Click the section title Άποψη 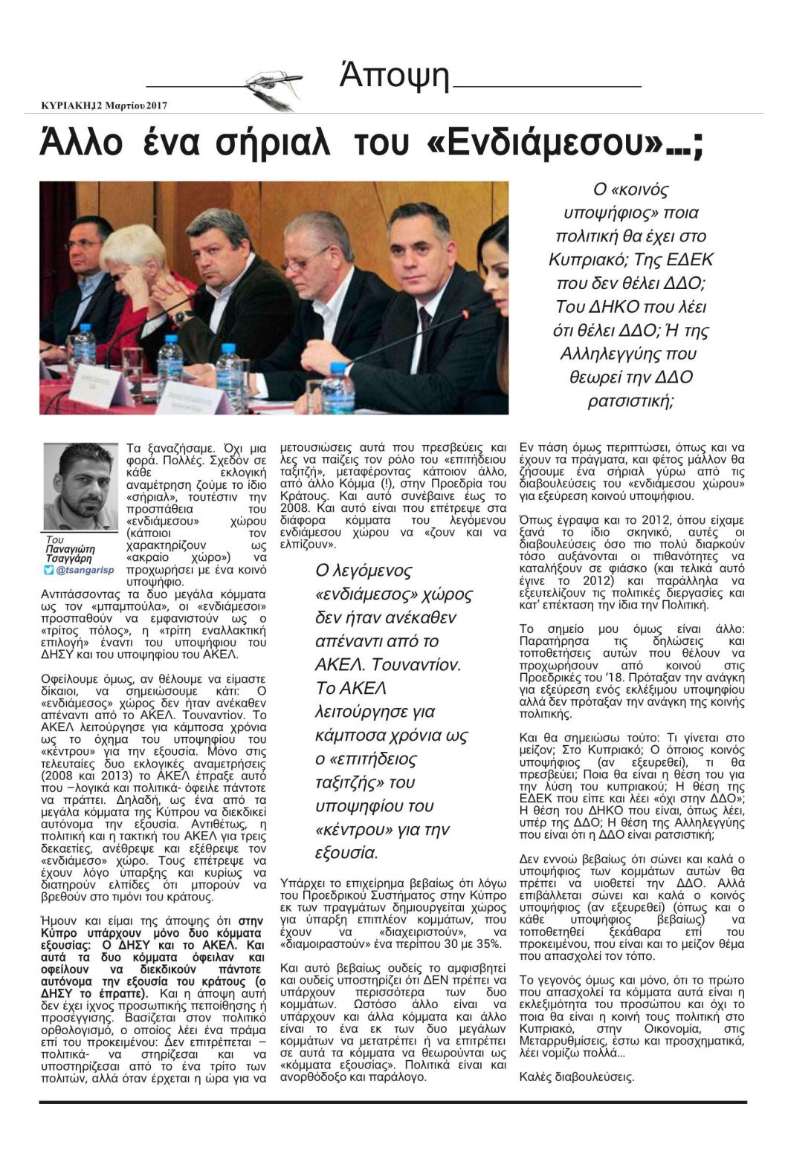click(x=394, y=76)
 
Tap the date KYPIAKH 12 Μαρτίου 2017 click(x=104, y=105)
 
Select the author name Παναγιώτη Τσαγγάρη click(x=68, y=553)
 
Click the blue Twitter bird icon click(x=49, y=570)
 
